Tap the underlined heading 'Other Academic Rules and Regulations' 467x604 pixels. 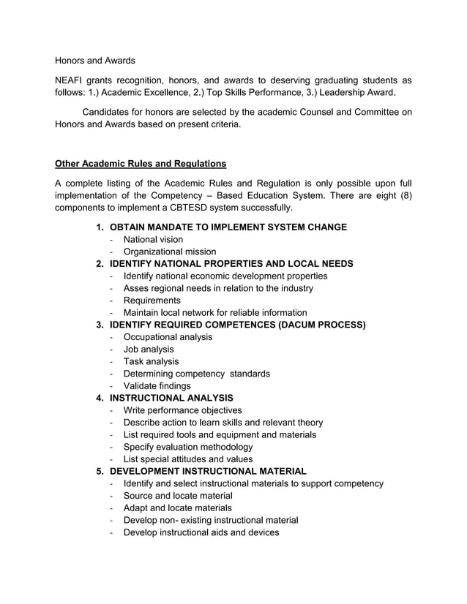[141, 163]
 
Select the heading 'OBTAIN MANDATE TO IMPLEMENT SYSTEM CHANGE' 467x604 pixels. [228, 227]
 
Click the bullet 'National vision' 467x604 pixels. [153, 239]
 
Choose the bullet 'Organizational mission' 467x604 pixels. [169, 252]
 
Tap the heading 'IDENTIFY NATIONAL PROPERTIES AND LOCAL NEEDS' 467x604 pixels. [231, 263]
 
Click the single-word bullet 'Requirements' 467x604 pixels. [152, 301]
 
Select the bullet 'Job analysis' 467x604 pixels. [149, 350]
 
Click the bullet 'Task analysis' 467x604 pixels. [151, 361]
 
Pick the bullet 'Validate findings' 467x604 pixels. [157, 385]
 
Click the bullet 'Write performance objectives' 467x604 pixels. [182, 410]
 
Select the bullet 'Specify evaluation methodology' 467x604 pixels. [188, 447]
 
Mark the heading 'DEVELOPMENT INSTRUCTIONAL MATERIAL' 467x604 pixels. [208, 471]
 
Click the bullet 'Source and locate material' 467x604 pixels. [178, 496]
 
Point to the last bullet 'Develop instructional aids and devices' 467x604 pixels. [201, 532]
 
